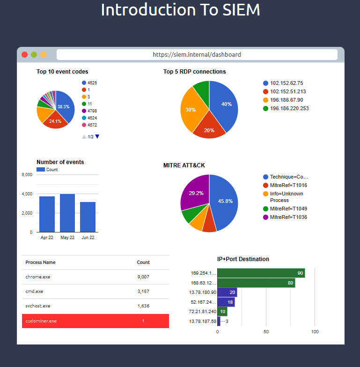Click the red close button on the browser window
coord(25,54)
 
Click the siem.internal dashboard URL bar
coord(197,54)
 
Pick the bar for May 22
coord(67,213)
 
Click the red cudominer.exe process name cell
coord(41,321)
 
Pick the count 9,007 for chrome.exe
coord(143,277)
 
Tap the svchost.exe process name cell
coord(38,306)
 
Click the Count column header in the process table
coord(143,262)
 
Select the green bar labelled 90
coord(261,273)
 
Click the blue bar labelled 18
coord(226,302)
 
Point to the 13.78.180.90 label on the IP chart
coord(203,292)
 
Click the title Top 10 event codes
coord(62,72)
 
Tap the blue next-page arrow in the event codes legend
coord(97,136)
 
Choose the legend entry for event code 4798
coord(92,111)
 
